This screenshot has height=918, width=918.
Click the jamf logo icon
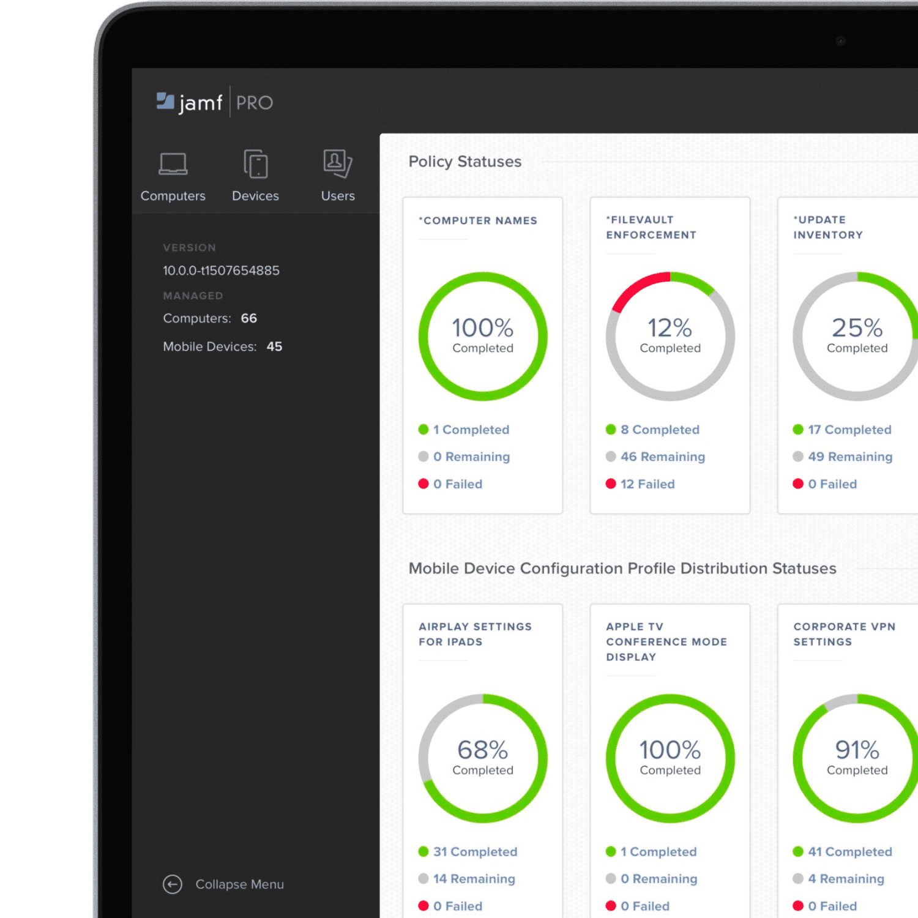165,101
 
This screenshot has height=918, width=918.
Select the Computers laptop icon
173,164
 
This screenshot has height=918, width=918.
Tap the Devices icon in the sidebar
256,164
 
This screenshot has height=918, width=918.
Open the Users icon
337,163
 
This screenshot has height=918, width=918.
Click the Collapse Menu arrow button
173,884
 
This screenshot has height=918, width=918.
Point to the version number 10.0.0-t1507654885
221,271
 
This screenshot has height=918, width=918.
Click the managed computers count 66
249,318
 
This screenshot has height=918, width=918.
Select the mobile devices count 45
274,346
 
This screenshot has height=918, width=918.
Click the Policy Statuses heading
465,162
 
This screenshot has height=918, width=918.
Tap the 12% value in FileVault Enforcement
670,328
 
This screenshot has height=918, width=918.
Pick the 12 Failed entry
647,484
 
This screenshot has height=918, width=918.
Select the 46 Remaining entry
662,457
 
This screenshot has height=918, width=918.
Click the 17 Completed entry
849,430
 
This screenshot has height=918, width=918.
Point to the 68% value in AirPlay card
483,750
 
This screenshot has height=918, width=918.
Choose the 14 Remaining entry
474,879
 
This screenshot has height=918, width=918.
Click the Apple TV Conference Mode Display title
666,641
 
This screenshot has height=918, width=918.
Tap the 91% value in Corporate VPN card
857,750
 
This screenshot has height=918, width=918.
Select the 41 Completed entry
849,852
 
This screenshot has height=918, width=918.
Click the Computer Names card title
480,220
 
